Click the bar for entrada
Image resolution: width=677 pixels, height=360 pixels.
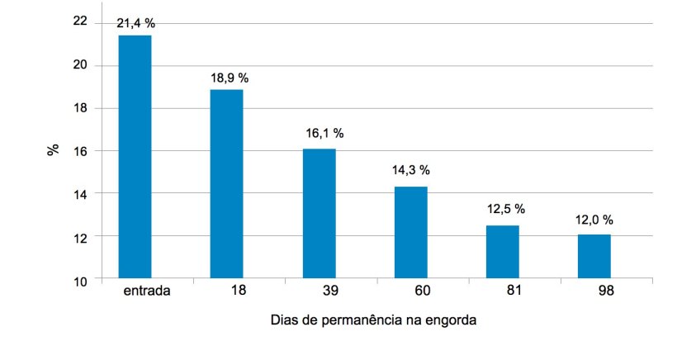click(x=135, y=157)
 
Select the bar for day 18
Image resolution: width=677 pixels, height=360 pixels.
click(x=226, y=184)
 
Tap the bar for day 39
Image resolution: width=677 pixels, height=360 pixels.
click(x=319, y=214)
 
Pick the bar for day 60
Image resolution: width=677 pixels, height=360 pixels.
click(x=410, y=233)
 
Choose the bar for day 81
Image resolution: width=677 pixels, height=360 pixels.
click(x=502, y=252)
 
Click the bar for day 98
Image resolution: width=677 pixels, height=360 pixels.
click(x=594, y=257)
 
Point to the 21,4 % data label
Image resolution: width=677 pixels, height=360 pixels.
click(x=135, y=23)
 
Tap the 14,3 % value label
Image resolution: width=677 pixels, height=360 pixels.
click(x=410, y=170)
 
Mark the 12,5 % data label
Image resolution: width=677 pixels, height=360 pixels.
click(x=504, y=208)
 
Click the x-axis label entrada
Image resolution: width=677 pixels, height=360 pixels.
click(x=146, y=291)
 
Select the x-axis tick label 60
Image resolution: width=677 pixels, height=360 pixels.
click(x=422, y=291)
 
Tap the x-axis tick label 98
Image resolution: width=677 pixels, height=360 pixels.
click(x=606, y=291)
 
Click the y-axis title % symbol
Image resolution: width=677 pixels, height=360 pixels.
click(x=53, y=150)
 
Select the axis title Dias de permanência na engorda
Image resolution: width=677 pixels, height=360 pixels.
click(x=373, y=320)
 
